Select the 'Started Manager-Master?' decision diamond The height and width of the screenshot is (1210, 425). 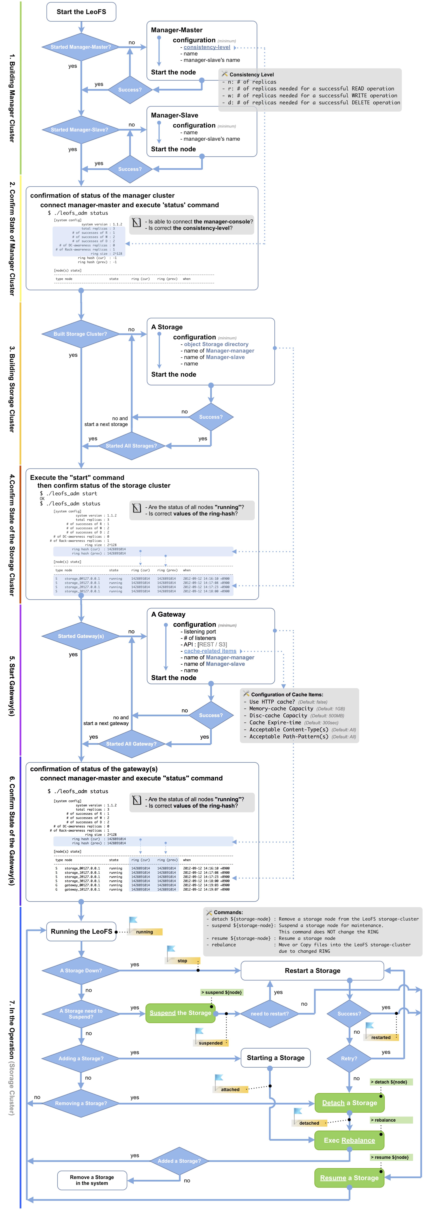click(x=81, y=47)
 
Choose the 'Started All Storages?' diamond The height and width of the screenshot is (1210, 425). click(x=131, y=446)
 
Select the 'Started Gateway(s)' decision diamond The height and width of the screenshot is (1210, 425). click(x=81, y=636)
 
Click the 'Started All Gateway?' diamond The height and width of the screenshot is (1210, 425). click(x=131, y=744)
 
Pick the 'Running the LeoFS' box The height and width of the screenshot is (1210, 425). click(x=81, y=931)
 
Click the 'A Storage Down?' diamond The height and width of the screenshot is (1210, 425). click(x=81, y=970)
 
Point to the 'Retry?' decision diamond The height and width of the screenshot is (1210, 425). click(x=349, y=1058)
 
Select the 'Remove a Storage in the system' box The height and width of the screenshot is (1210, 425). click(x=92, y=1180)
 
